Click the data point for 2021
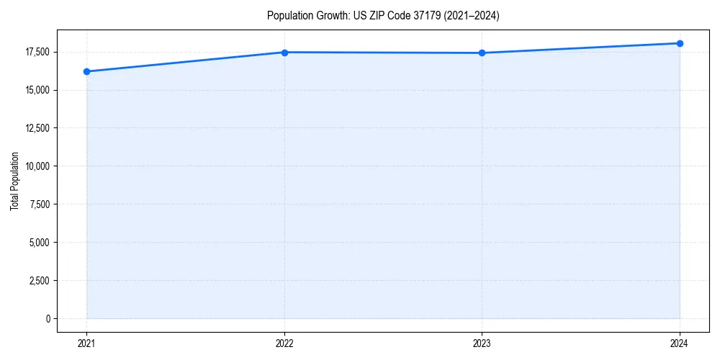(86, 71)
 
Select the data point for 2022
(284, 53)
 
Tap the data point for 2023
(482, 53)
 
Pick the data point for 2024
(680, 43)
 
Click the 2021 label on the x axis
(86, 343)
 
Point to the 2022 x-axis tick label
(284, 343)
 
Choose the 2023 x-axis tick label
(482, 343)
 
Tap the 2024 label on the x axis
(680, 343)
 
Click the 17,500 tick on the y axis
(37, 52)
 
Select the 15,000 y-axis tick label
(37, 90)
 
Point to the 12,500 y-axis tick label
(37, 128)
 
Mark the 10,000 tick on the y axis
(37, 166)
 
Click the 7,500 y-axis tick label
(39, 204)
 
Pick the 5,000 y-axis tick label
(39, 243)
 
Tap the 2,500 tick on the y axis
(39, 281)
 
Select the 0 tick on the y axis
(48, 319)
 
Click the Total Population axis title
(14, 181)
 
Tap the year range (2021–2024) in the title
(472, 15)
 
